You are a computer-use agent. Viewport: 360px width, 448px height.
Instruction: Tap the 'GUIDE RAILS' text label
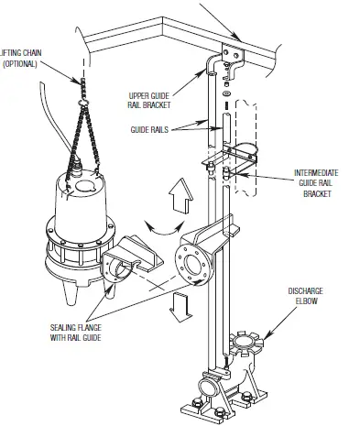coord(151,130)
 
